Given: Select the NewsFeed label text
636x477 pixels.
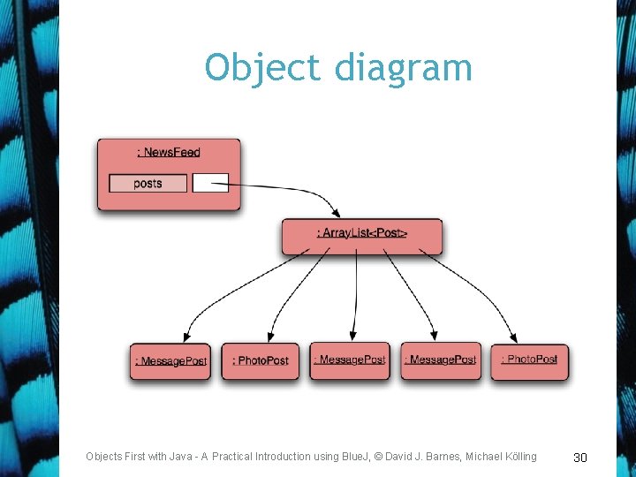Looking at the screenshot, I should (x=169, y=152).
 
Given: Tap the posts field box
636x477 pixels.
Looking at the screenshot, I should (x=148, y=183).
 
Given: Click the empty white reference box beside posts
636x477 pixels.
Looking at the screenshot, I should (x=210, y=183).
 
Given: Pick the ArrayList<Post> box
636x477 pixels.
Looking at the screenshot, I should (x=362, y=233).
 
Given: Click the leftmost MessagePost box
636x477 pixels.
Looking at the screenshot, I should (x=170, y=360).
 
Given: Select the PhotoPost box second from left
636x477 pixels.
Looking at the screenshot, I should (x=261, y=360).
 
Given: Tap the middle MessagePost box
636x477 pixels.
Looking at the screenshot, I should (x=350, y=360).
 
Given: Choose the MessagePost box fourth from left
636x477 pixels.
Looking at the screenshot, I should (x=440, y=360).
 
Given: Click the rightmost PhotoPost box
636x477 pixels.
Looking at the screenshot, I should (x=529, y=360).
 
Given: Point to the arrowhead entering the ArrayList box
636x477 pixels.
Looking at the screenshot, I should (x=335, y=212).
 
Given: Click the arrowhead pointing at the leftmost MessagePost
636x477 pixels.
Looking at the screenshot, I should (x=187, y=337).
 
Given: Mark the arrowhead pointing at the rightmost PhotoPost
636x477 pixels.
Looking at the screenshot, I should (x=515, y=337).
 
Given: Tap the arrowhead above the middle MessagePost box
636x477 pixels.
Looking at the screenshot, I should (x=353, y=336).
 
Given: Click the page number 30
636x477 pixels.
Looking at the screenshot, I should (x=580, y=457).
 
